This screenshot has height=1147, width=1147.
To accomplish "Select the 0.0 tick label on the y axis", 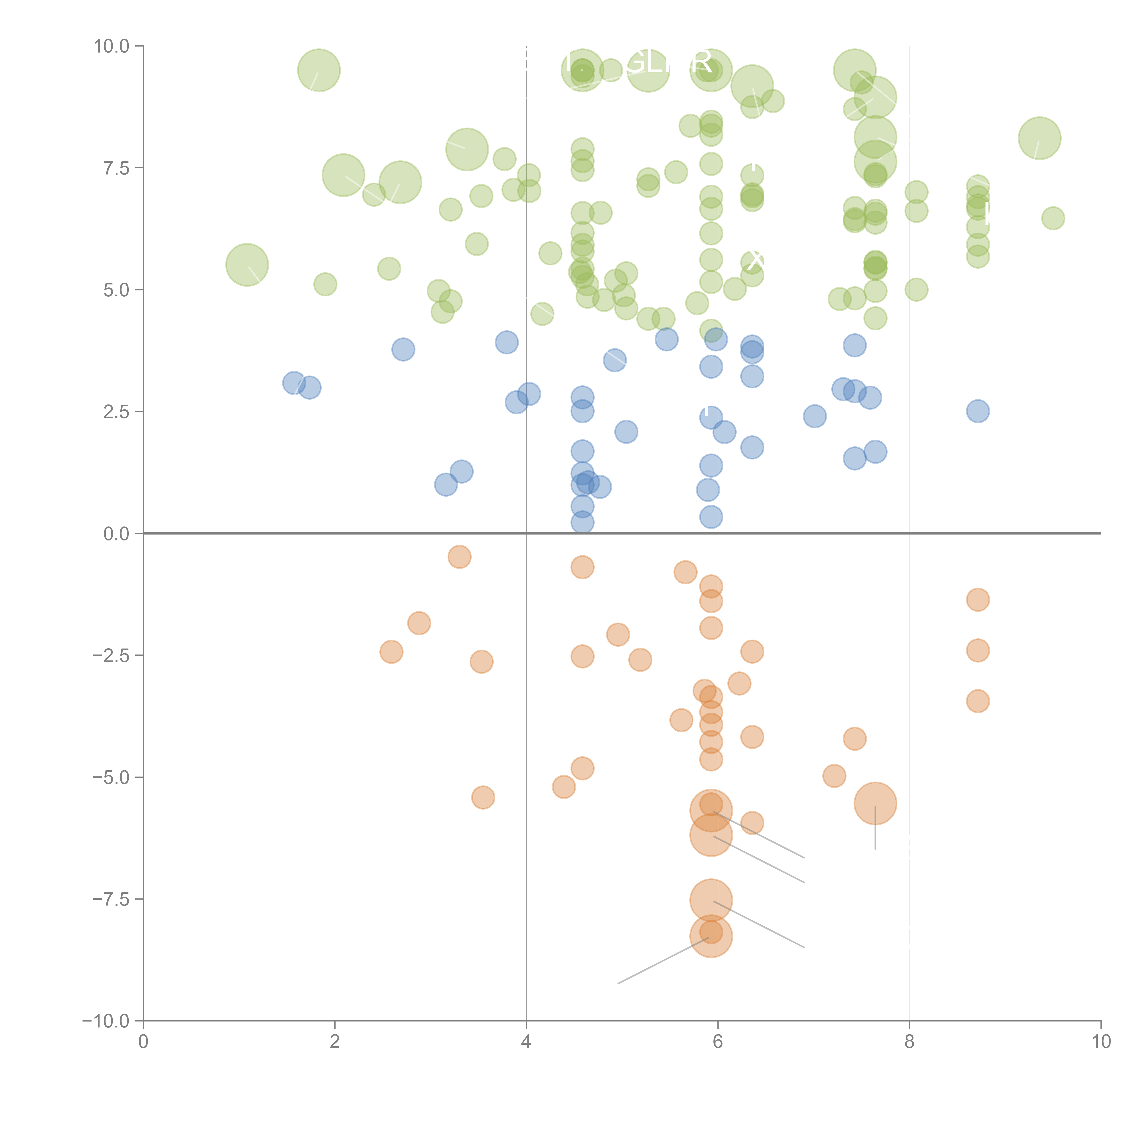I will pos(116,534).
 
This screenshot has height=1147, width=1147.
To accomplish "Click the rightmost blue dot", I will pos(978,411).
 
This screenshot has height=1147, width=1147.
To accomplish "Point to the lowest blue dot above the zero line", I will pos(582,522).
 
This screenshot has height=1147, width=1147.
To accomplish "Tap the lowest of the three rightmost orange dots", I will pos(978,701).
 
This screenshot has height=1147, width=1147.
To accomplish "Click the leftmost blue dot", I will pos(294,383).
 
